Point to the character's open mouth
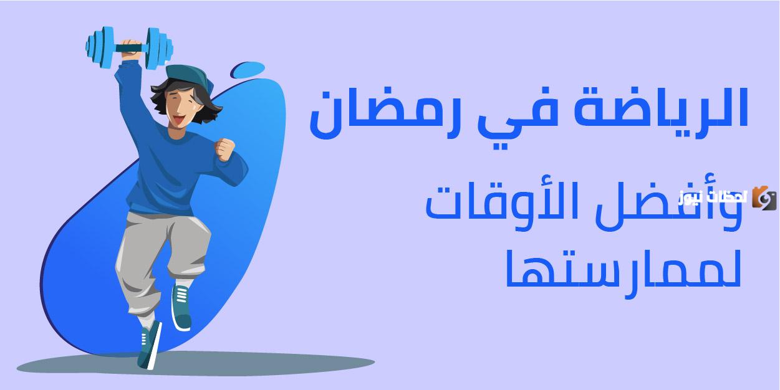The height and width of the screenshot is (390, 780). coord(180,118)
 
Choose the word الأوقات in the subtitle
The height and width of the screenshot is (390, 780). coord(530,206)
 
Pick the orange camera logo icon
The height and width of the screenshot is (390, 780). coord(764,197)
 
